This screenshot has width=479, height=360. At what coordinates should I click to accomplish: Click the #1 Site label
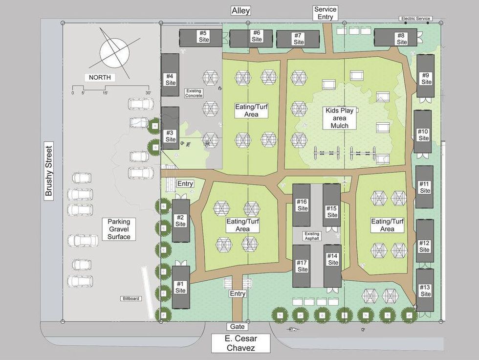click(x=181, y=287)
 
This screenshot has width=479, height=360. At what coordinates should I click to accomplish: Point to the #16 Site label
click(x=303, y=205)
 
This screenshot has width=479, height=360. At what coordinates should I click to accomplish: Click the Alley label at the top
click(x=240, y=11)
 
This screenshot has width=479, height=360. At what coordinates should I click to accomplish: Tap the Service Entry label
click(x=325, y=13)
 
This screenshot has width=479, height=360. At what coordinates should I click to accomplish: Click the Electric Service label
click(x=415, y=19)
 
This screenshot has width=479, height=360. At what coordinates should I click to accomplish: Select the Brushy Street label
click(x=48, y=170)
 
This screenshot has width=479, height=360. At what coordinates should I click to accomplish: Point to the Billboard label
click(x=131, y=298)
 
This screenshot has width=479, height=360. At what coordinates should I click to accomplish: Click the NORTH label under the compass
click(x=99, y=77)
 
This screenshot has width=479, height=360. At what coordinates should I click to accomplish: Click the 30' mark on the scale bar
click(x=148, y=92)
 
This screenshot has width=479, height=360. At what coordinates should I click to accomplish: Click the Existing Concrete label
click(x=194, y=93)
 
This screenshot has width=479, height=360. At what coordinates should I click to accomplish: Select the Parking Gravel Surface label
click(x=119, y=229)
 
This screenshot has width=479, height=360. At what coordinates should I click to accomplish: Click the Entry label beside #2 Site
click(x=185, y=184)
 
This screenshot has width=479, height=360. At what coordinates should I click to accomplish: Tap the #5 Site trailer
click(x=201, y=37)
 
